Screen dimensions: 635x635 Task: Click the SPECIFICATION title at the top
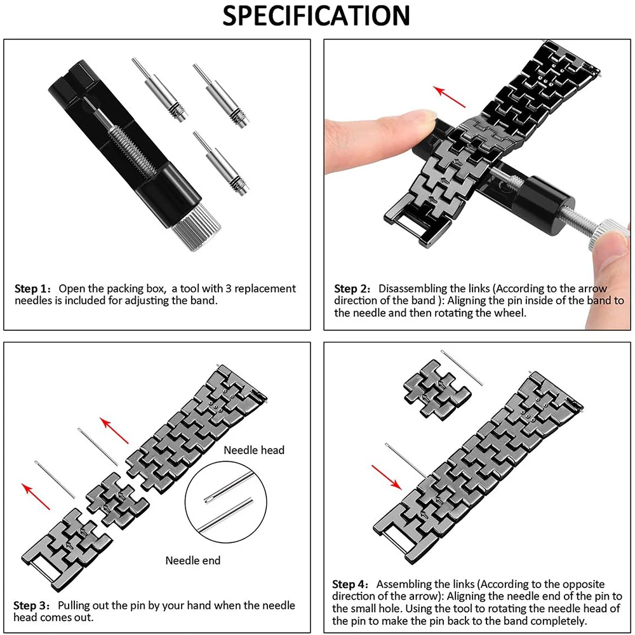point(316,17)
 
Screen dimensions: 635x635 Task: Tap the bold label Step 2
point(354,289)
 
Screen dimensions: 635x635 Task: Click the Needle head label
point(254,450)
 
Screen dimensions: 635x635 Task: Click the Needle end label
point(193,560)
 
